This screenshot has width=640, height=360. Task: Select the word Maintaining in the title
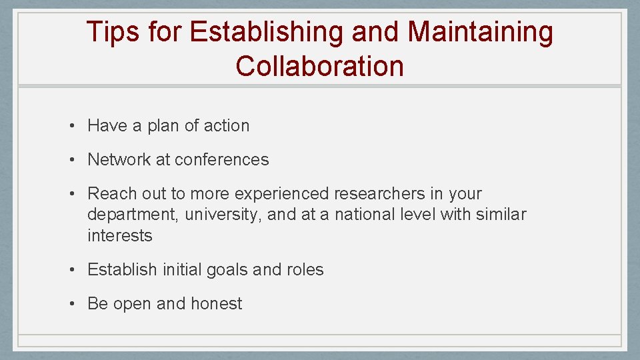[480, 33]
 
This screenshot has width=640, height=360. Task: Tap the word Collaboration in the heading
[319, 66]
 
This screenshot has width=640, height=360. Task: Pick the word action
[227, 125]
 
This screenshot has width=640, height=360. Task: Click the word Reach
[111, 193]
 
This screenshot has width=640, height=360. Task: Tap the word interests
[119, 235]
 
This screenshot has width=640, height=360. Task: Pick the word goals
[227, 269]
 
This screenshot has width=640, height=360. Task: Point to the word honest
[216, 303]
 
